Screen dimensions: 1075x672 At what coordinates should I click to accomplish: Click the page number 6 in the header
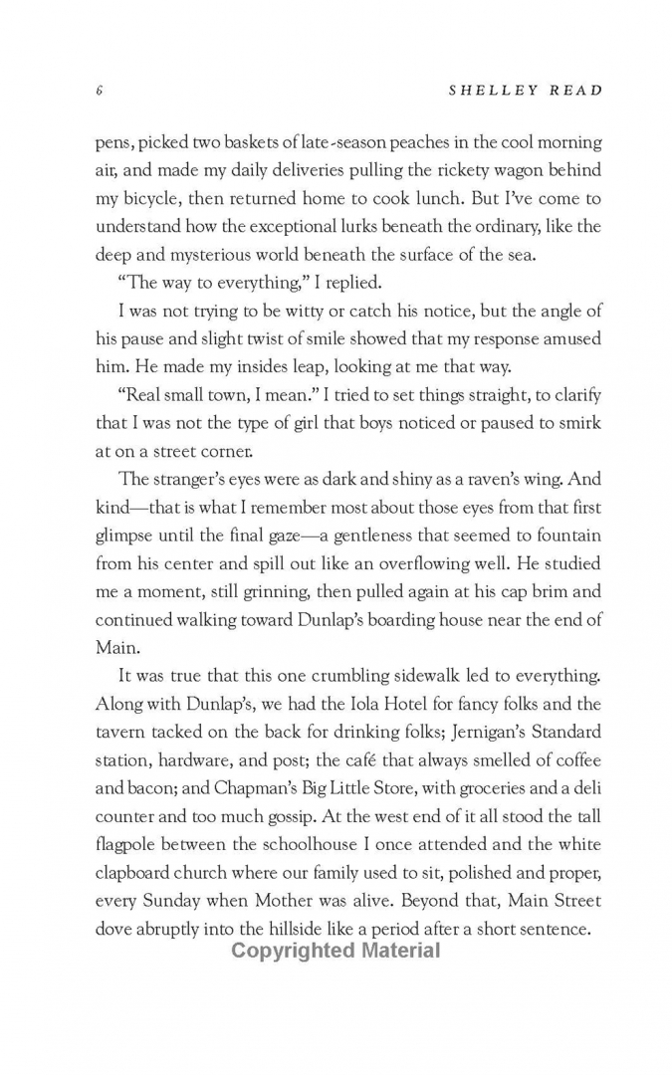(x=101, y=91)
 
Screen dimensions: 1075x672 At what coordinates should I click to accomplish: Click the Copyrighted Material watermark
(x=336, y=950)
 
